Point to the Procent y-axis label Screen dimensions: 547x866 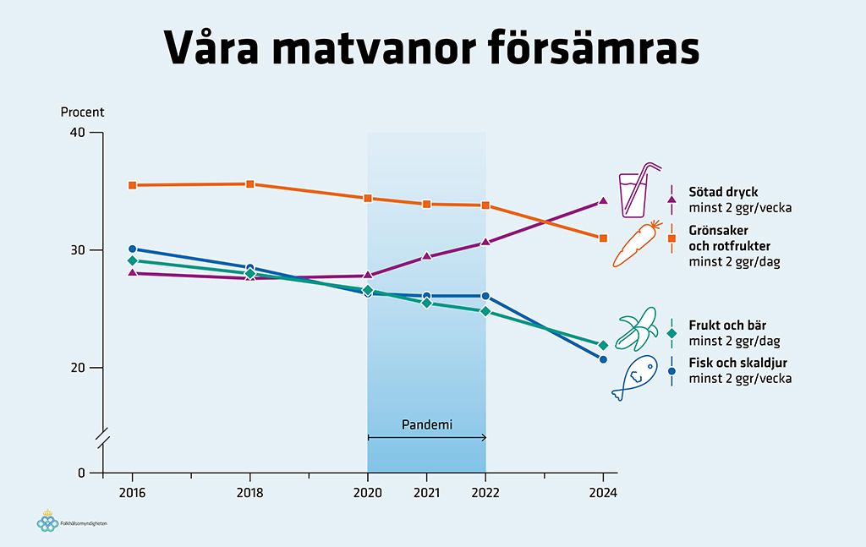tap(82, 112)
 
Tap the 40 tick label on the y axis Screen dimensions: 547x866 tap(78, 133)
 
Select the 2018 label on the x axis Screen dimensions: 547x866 tap(249, 493)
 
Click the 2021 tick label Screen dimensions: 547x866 tap(426, 493)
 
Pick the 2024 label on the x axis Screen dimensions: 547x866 tap(603, 493)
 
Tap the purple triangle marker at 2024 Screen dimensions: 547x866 tap(603, 201)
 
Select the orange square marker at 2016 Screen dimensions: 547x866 tap(133, 185)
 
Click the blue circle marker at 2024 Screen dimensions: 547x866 tap(603, 359)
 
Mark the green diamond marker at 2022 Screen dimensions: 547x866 tap(485, 311)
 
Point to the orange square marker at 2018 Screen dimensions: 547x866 tap(250, 184)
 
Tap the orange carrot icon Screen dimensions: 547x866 tap(637, 244)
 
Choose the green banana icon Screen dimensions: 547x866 tap(638, 330)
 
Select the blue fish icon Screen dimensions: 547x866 tap(634, 376)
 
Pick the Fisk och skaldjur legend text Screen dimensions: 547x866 tap(734, 363)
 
